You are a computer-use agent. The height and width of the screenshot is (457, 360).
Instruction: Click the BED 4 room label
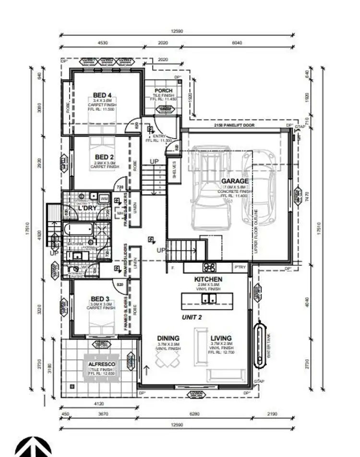tap(103, 94)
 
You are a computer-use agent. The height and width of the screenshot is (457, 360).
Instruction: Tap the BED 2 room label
tap(104, 157)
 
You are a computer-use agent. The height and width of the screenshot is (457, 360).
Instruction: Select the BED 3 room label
tap(100, 299)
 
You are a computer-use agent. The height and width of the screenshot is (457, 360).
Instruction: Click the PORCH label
tap(163, 91)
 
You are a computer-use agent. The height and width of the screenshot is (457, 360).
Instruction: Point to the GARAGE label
tap(235, 181)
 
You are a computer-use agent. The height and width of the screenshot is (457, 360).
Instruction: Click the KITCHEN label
tap(208, 279)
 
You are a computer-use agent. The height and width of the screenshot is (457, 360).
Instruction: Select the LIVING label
tap(221, 338)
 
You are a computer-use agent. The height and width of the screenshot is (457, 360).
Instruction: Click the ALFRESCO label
tap(101, 364)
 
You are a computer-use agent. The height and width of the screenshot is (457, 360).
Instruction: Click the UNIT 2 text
tap(192, 317)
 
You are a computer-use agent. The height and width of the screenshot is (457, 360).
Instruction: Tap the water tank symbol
tap(261, 344)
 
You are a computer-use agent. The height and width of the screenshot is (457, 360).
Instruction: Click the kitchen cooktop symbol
tap(209, 267)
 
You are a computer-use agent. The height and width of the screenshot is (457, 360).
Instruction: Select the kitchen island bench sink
tap(209, 299)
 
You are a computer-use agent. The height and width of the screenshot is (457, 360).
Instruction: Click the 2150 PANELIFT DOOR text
tap(234, 125)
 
